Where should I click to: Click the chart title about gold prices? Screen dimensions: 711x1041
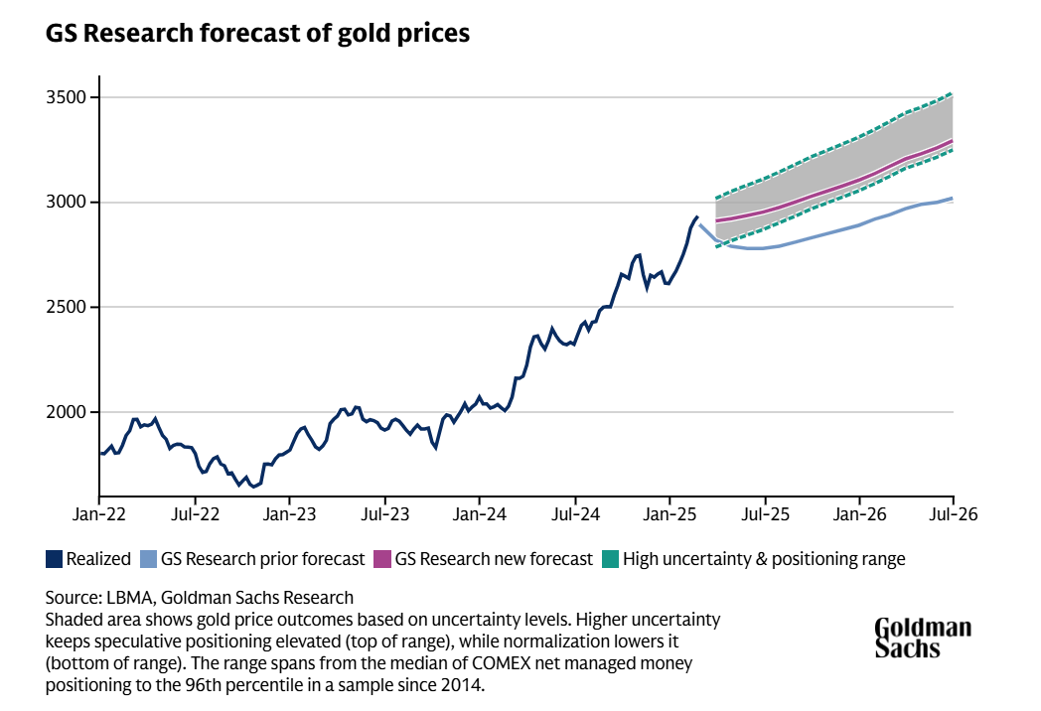[257, 33]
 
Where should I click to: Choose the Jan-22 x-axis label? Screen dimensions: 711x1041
[99, 515]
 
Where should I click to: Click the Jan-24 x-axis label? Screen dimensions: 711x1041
[479, 515]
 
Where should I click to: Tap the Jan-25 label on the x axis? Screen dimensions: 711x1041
[669, 515]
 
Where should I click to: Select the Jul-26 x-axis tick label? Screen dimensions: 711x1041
[954, 515]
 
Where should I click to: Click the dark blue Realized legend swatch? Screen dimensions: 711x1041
[54, 559]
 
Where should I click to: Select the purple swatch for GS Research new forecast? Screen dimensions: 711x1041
[382, 559]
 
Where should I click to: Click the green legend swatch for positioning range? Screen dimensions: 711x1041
[610, 559]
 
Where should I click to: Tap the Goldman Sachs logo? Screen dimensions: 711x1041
[923, 638]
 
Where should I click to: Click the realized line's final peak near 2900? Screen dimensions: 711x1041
[696, 216]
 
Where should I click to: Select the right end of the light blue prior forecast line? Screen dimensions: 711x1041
[953, 199]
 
